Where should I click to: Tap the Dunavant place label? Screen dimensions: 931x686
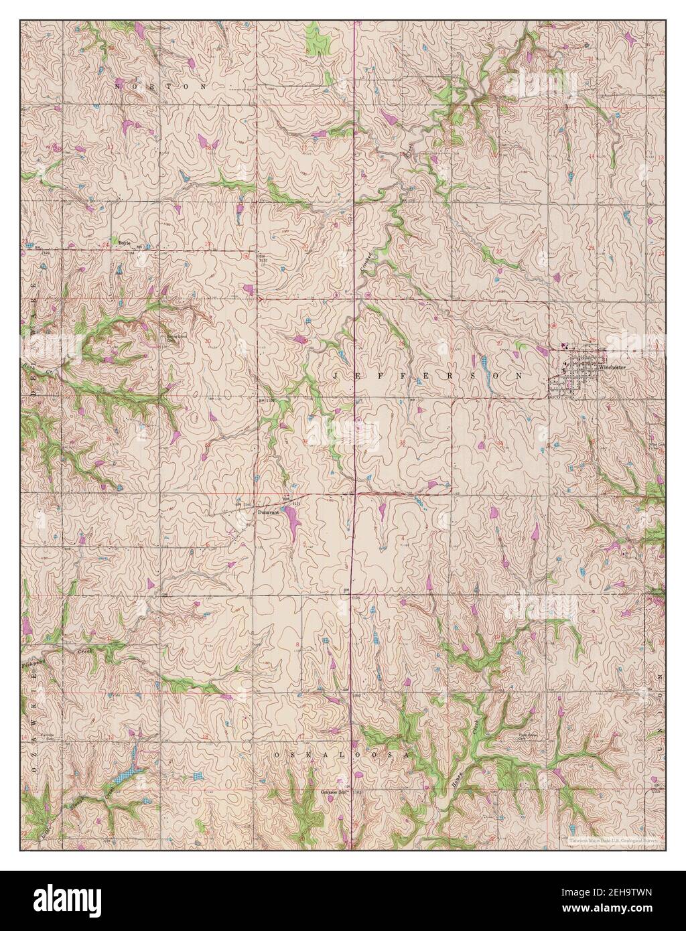[267, 513]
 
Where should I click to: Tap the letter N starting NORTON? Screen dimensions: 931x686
[119, 86]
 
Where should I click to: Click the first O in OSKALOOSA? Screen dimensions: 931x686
[276, 754]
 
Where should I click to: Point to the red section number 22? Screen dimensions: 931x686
[499, 251]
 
